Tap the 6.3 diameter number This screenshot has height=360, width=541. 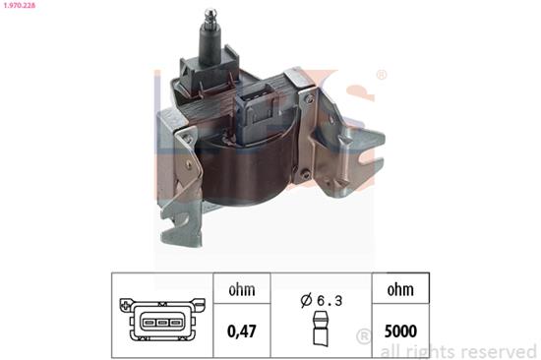(330, 300)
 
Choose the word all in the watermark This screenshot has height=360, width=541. (392, 350)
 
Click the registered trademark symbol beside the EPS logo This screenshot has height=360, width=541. (381, 75)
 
